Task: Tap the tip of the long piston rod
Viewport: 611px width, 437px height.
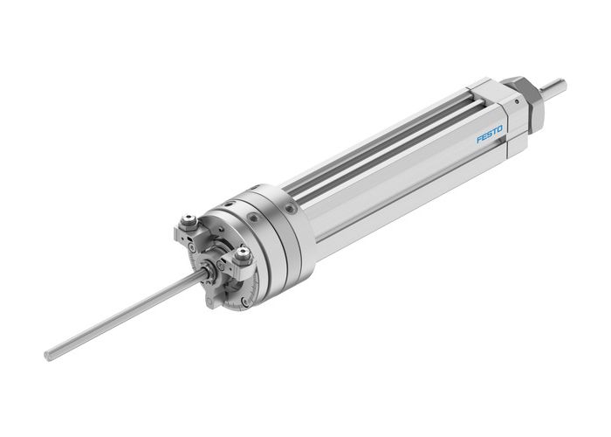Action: click(x=49, y=355)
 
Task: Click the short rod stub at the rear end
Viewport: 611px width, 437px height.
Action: click(x=553, y=87)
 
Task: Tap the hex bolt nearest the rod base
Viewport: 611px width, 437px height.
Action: click(x=242, y=256)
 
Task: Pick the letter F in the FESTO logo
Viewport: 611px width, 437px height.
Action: click(x=478, y=141)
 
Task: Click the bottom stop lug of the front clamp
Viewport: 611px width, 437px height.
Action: click(x=213, y=302)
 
